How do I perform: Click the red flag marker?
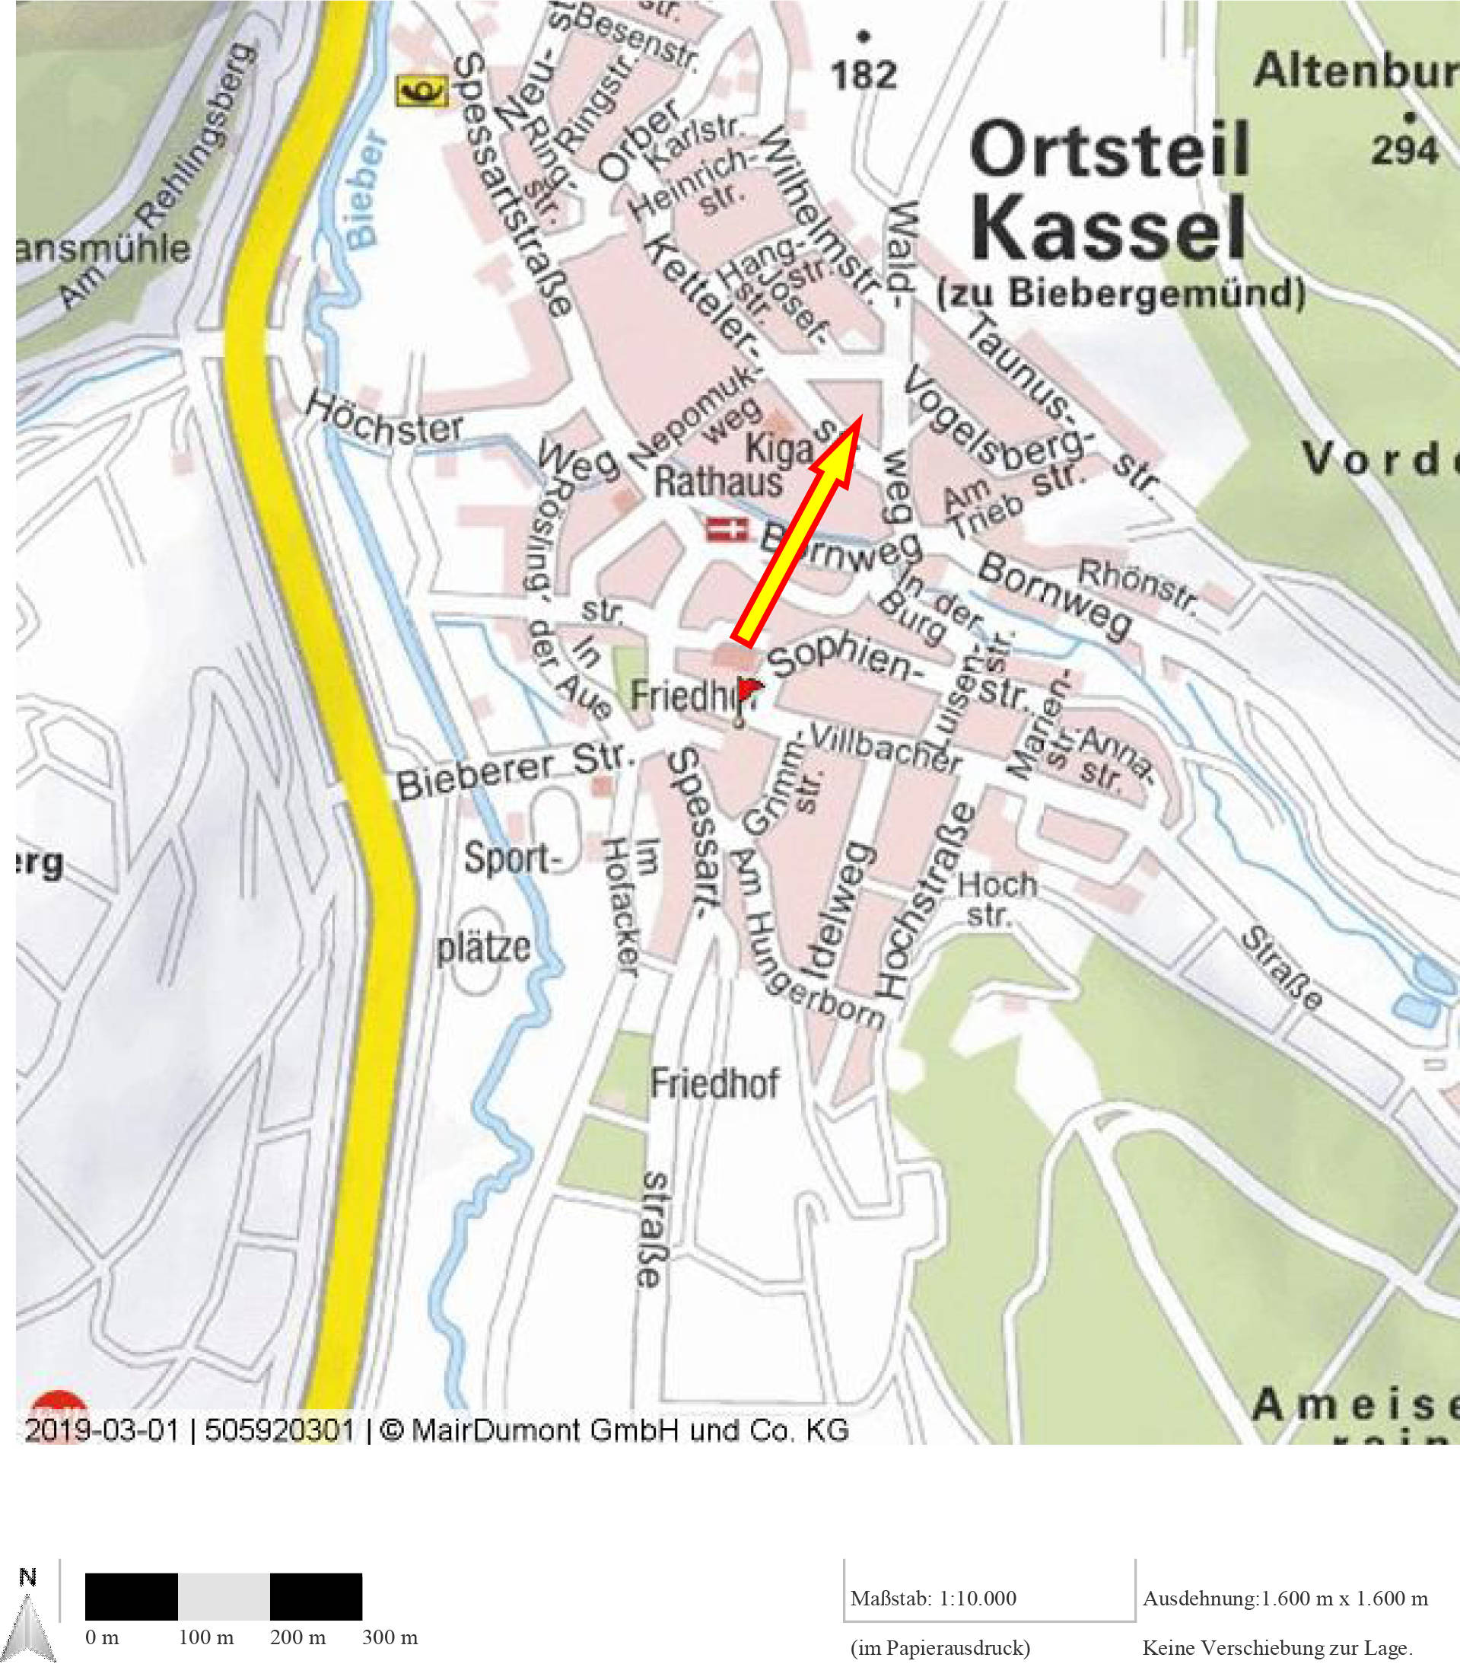[749, 691]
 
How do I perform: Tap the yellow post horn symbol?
[421, 91]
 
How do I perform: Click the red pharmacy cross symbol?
[727, 530]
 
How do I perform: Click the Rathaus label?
[717, 482]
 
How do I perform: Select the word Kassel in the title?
[1109, 227]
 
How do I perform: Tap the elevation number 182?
[864, 75]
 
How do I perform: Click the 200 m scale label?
[298, 1637]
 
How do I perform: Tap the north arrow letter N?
[28, 1578]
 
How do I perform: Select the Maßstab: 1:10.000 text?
[934, 1598]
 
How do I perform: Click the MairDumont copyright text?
[615, 1430]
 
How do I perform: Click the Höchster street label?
[384, 419]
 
